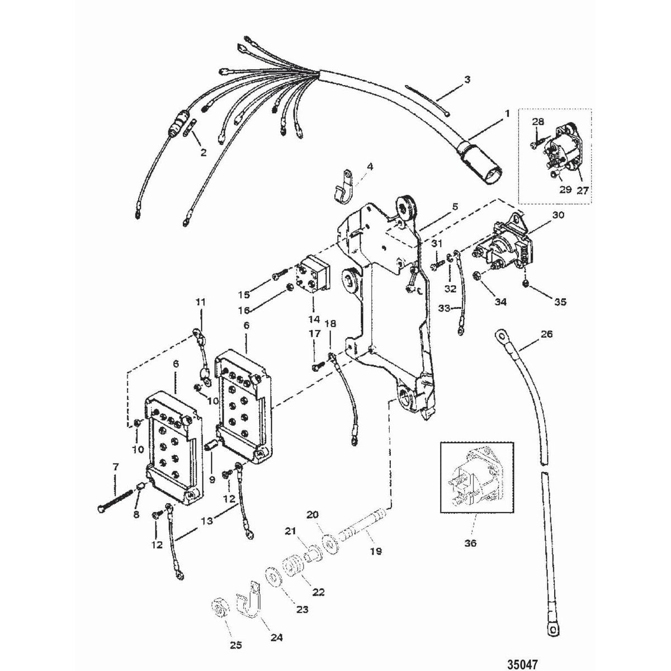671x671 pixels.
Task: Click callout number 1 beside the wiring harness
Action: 507,114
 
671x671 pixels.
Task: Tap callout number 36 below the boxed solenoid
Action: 471,543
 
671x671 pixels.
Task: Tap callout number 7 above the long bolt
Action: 116,466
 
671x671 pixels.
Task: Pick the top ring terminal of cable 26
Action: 500,336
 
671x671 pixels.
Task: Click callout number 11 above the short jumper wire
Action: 200,302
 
